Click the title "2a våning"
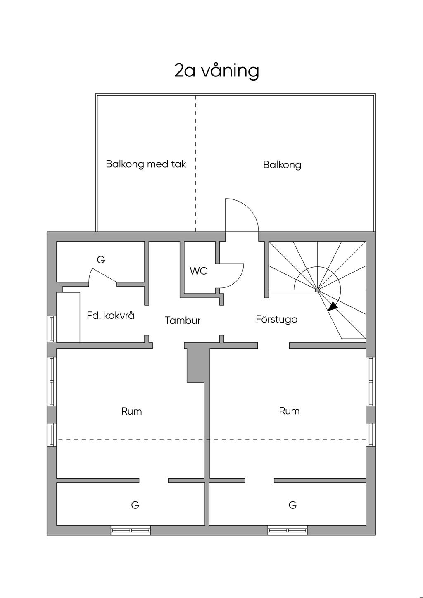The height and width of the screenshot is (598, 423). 216,71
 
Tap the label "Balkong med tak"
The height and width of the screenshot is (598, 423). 146,164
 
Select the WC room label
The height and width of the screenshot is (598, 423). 198,271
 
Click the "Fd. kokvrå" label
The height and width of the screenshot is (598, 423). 110,316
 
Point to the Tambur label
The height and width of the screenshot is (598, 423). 183,320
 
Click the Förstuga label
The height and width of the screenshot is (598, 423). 276,319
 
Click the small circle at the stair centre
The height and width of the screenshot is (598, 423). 317,290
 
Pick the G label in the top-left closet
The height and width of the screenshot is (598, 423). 101,260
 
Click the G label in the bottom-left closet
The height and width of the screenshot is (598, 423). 135,505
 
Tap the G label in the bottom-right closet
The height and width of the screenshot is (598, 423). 292,505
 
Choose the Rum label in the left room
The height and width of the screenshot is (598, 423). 131,411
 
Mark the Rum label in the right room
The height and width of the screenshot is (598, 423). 289,411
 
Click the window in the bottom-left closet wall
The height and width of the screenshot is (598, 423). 131,530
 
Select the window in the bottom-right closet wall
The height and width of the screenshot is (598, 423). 288,530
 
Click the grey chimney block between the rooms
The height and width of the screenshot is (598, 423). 196,363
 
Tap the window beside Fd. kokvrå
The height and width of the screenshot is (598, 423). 52,329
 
